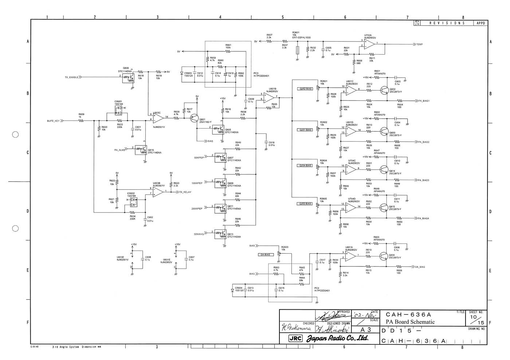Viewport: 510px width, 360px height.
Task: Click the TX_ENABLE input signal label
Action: coord(71,77)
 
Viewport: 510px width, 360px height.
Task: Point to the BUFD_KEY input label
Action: coord(53,120)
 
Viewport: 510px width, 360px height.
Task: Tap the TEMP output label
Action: coord(420,44)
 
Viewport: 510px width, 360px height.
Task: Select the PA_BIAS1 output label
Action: coord(424,101)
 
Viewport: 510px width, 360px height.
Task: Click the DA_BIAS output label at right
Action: coord(420,267)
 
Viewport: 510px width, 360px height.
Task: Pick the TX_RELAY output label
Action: coord(185,192)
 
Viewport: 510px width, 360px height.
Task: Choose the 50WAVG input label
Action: coord(199,234)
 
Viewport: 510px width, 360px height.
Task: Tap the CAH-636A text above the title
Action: coord(408,314)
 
